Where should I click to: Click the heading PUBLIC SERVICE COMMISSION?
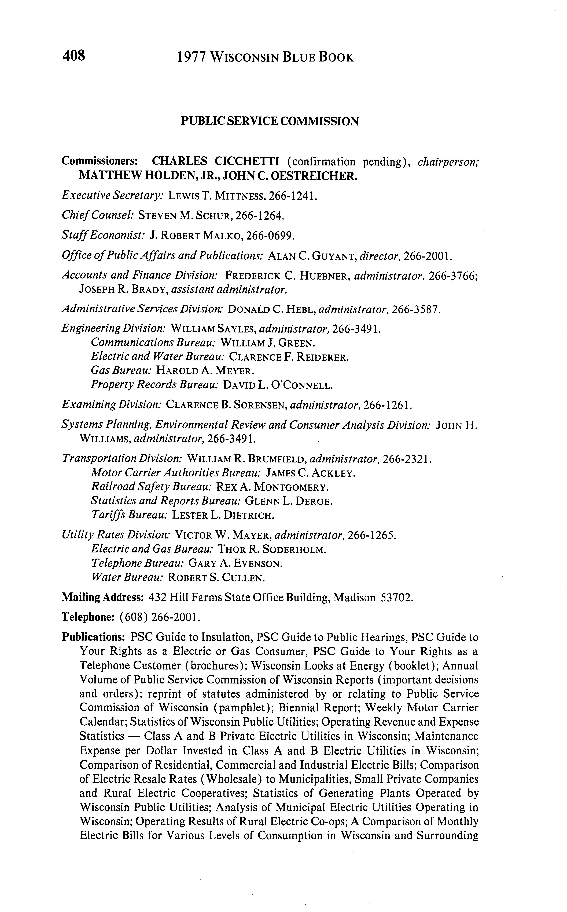click(270, 121)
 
